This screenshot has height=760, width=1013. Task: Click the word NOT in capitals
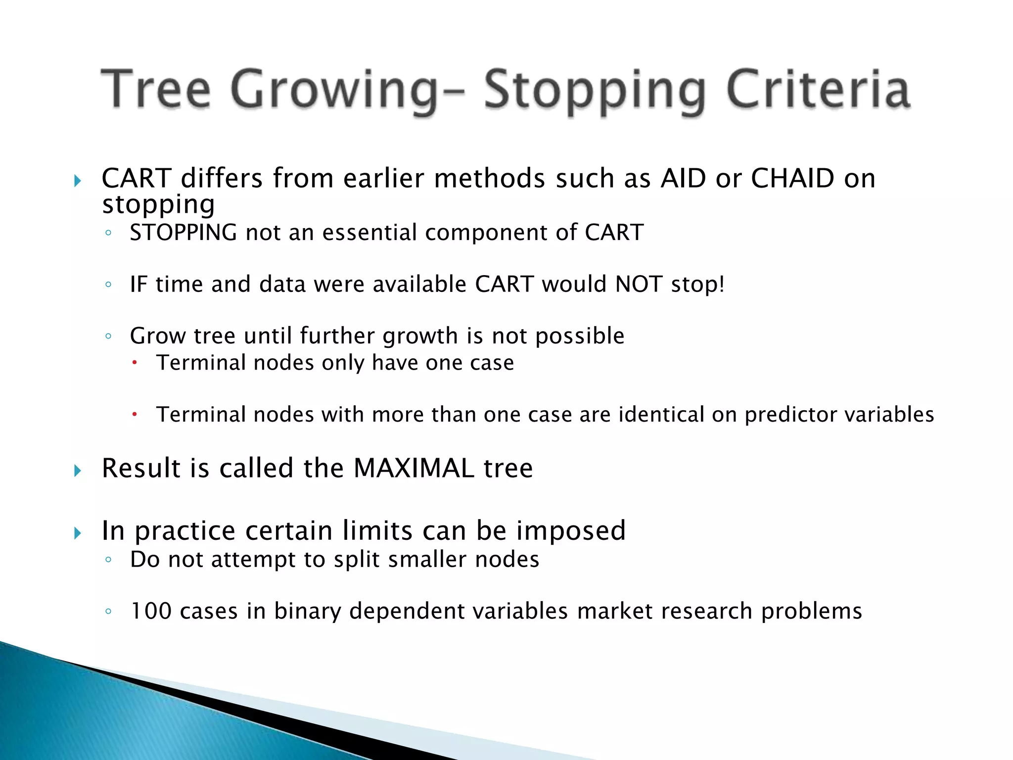point(639,284)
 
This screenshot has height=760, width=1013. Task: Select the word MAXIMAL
point(414,468)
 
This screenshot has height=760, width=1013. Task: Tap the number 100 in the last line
point(150,611)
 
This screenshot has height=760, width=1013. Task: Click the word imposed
point(571,530)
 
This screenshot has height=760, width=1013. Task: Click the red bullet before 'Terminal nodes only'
point(134,363)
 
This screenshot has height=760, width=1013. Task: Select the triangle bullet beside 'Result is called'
point(77,470)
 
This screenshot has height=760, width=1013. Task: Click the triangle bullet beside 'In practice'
point(77,533)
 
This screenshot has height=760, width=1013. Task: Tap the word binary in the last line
point(307,611)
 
